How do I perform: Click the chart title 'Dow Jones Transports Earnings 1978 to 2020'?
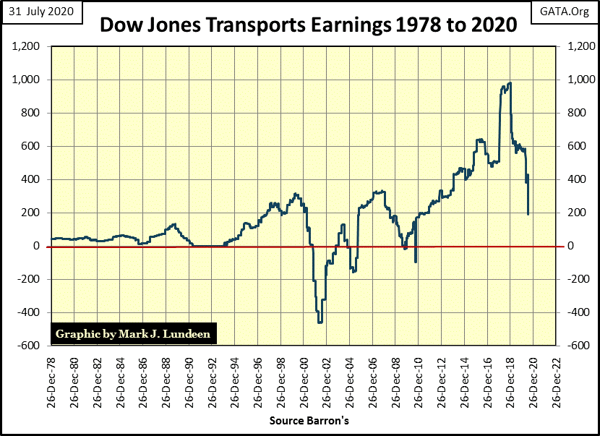(x=308, y=25)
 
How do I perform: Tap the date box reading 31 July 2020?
(x=40, y=12)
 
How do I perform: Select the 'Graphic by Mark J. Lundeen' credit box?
(x=133, y=334)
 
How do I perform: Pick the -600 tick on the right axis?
(x=569, y=346)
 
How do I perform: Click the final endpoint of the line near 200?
(x=528, y=214)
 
